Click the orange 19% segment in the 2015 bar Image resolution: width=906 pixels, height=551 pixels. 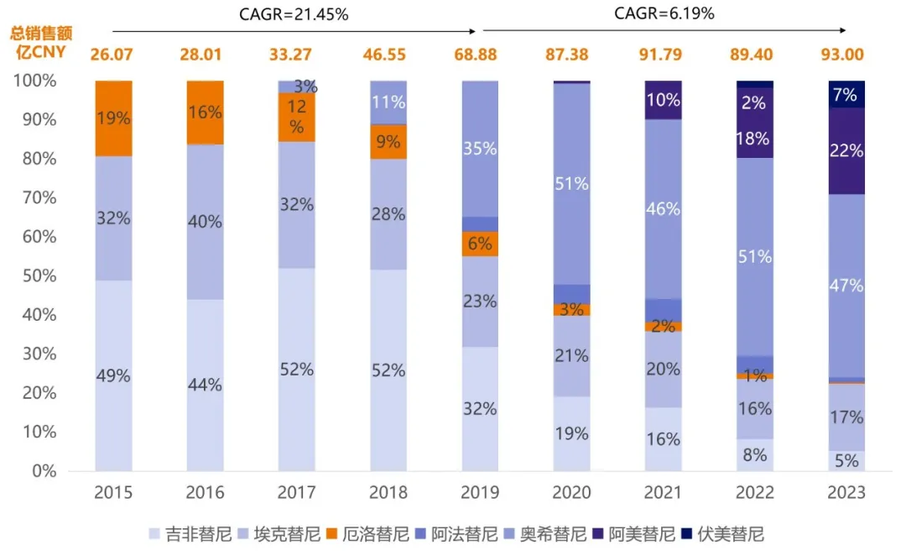point(113,118)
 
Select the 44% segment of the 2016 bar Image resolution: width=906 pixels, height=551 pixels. point(205,385)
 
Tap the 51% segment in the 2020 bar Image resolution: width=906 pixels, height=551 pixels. point(571,184)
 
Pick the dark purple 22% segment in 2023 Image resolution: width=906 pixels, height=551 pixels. point(846,151)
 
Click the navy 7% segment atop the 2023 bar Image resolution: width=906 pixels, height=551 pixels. point(846,95)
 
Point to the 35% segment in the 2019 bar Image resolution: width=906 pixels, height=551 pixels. point(480,149)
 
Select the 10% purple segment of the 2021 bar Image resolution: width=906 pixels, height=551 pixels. point(664,100)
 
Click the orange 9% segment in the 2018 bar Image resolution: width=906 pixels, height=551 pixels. point(388,141)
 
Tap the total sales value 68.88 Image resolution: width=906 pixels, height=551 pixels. point(480,55)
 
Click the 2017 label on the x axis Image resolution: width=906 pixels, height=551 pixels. point(296,492)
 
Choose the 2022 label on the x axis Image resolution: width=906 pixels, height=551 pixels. point(754,492)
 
